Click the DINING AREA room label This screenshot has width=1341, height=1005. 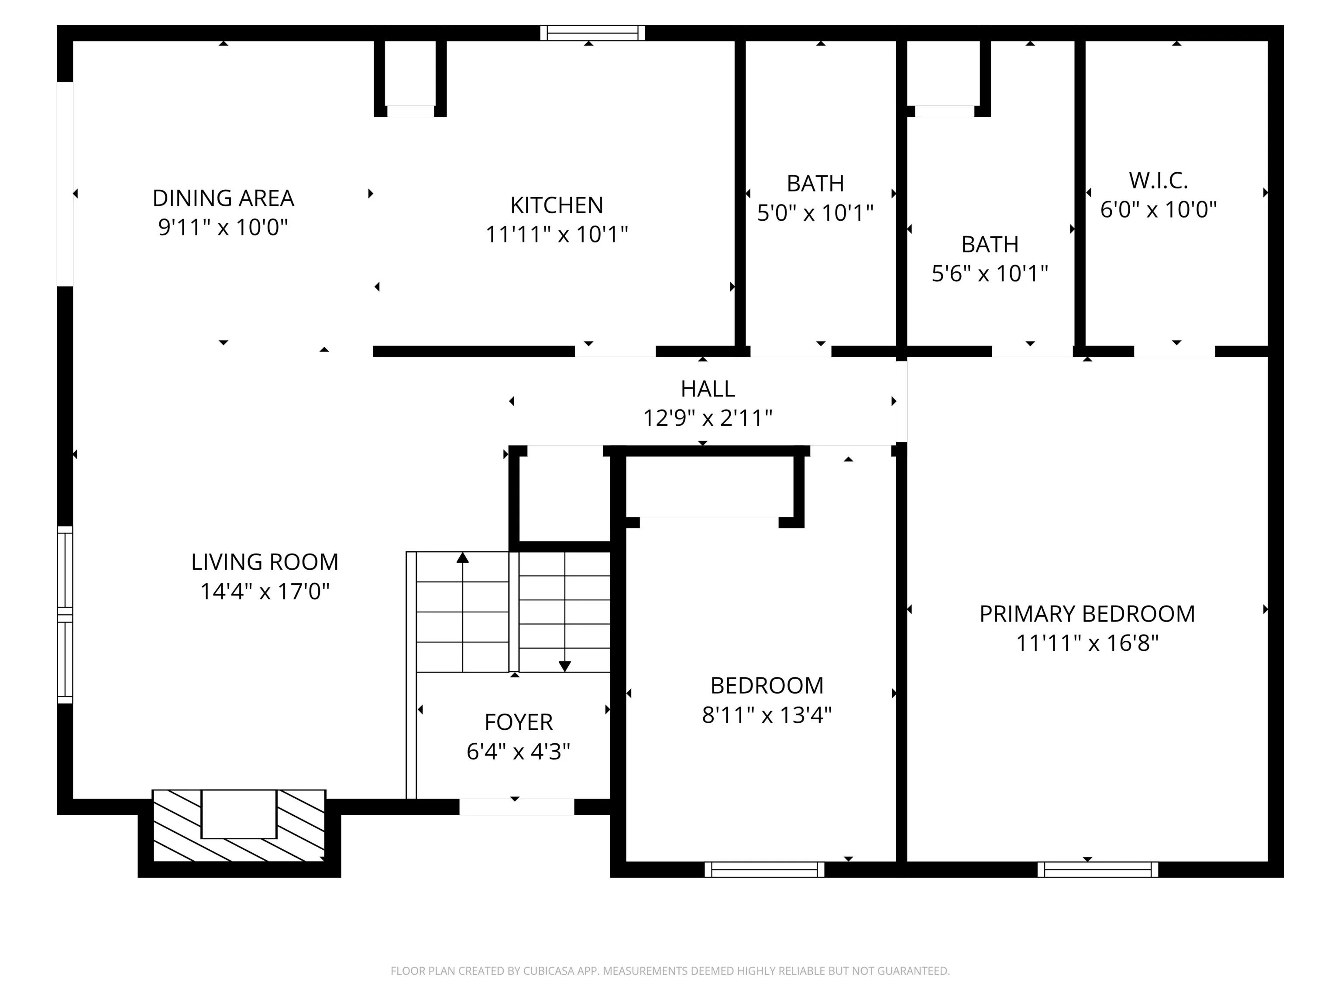click(x=223, y=198)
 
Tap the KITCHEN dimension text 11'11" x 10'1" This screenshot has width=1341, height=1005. click(x=557, y=234)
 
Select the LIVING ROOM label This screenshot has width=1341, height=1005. click(x=265, y=562)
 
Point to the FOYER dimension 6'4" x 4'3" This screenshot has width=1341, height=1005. click(x=518, y=752)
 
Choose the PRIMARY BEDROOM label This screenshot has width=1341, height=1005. click(x=1087, y=614)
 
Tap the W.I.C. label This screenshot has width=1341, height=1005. click(x=1158, y=181)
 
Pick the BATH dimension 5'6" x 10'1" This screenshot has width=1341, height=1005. click(x=990, y=274)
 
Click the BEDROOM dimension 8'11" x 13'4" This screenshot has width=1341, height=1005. click(x=767, y=715)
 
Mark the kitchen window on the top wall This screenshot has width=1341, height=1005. click(x=592, y=33)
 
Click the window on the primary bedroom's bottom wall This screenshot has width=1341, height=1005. click(x=1097, y=870)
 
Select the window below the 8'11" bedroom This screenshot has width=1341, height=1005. click(x=764, y=870)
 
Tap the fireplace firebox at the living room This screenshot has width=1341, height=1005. click(x=239, y=814)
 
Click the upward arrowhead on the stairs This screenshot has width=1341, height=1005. click(x=463, y=557)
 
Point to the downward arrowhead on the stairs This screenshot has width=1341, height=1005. click(x=565, y=667)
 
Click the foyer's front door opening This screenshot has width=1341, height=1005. click(x=516, y=807)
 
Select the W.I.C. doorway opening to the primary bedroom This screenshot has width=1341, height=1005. click(x=1174, y=351)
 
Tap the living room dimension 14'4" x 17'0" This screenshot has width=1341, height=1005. click(x=265, y=591)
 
